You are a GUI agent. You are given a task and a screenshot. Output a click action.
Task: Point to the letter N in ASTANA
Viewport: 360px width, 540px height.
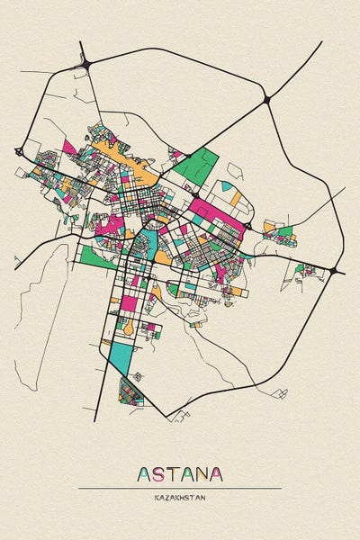[x=202, y=473]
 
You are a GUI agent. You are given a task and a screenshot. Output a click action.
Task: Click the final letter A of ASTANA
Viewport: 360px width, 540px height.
[x=217, y=473]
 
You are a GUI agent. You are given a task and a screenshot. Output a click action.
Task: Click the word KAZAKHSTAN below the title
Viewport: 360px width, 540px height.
[x=180, y=496]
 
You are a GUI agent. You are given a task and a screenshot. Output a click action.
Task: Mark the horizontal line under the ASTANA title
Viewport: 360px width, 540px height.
[x=180, y=488]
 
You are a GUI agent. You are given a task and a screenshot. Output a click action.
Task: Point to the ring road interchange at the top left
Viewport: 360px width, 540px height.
[x=87, y=63]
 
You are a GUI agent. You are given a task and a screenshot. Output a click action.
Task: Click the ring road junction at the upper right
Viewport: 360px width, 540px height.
[x=266, y=99]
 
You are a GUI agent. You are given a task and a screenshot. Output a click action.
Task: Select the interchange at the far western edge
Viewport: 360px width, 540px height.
[x=18, y=150]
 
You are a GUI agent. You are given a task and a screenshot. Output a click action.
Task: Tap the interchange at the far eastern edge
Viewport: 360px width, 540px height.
[x=335, y=270]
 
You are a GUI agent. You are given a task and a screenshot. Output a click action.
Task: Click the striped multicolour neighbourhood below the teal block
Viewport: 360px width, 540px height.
[x=131, y=391]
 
